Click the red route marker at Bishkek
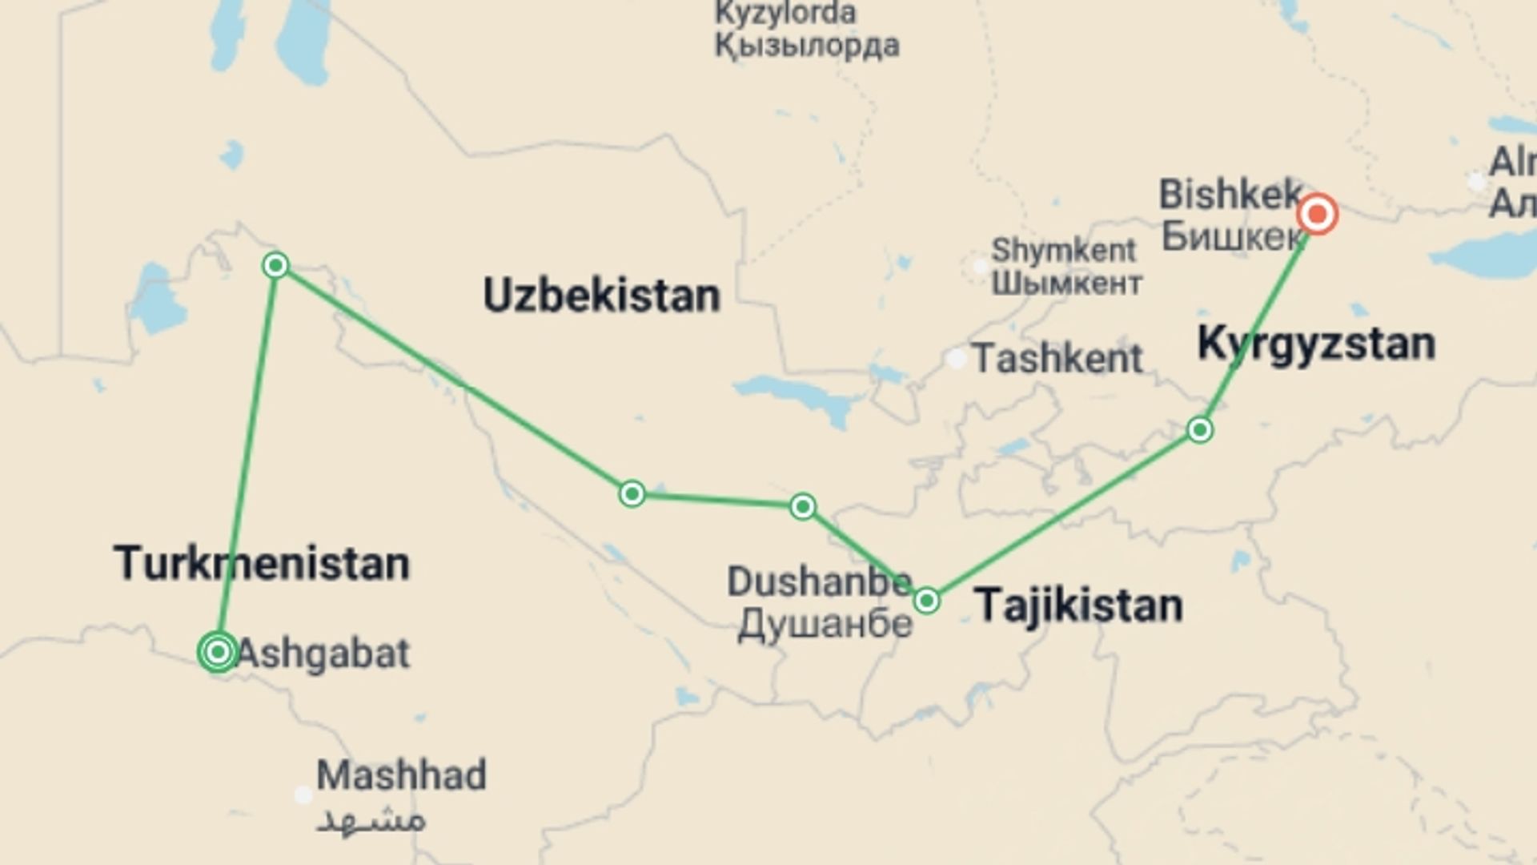point(1317,214)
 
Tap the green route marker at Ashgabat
point(218,652)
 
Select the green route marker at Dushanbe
point(926,600)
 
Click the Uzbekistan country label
point(602,296)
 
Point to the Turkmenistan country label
point(262,563)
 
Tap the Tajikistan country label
point(1078,605)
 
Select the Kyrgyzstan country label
point(1316,344)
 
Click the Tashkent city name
point(1057,358)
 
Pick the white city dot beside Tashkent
point(957,359)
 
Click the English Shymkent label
point(1063,250)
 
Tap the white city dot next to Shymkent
point(980,265)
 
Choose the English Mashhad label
point(401,774)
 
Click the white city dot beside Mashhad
point(303,795)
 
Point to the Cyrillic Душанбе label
point(825,624)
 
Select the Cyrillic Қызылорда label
point(807,46)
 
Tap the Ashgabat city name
point(323,654)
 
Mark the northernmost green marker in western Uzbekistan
point(275,265)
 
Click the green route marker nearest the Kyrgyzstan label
point(1199,430)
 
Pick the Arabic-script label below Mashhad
point(371,820)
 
